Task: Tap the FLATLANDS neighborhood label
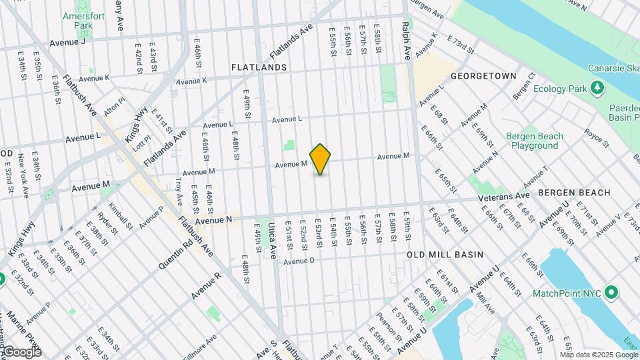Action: [259, 67]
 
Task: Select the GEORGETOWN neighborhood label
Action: [483, 76]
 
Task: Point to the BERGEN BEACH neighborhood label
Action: [574, 193]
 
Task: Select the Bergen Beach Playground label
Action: [535, 141]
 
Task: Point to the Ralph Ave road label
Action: [405, 41]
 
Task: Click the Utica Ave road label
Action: [272, 241]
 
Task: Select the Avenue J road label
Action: [67, 42]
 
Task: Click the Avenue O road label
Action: [298, 261]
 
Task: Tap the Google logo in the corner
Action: [22, 351]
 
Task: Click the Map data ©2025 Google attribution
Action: [597, 354]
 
